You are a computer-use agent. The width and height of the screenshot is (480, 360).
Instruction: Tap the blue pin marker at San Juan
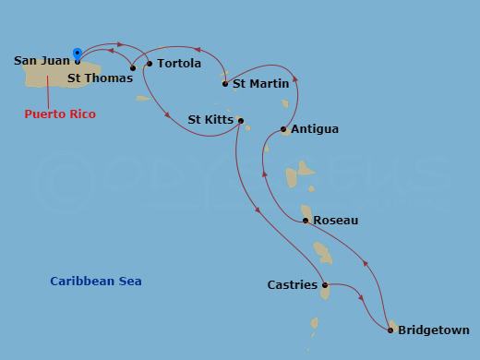click(x=77, y=52)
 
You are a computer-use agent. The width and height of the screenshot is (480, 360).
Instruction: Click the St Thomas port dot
click(x=133, y=67)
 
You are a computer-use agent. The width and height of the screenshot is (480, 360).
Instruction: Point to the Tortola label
click(x=179, y=64)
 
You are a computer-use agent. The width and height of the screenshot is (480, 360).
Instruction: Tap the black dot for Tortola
click(x=150, y=64)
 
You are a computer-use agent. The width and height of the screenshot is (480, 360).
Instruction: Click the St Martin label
click(x=258, y=84)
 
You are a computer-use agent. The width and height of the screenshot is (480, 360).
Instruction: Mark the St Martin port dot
click(x=225, y=84)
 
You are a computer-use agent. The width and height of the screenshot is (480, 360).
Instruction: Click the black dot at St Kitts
click(x=240, y=120)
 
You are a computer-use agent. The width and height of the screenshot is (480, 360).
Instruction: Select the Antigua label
click(x=314, y=129)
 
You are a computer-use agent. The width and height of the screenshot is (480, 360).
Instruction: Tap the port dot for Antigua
click(x=283, y=129)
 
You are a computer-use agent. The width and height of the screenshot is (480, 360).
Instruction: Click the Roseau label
click(x=336, y=221)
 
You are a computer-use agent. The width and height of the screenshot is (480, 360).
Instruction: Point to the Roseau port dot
click(x=306, y=221)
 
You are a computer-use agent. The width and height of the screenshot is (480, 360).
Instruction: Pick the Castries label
click(x=293, y=285)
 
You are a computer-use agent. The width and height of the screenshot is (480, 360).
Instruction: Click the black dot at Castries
click(x=325, y=285)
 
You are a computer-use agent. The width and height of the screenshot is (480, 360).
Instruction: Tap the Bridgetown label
click(x=434, y=330)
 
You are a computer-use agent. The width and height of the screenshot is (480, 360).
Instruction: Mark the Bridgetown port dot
click(x=391, y=330)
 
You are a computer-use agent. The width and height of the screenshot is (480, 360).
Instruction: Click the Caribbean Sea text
click(x=96, y=282)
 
